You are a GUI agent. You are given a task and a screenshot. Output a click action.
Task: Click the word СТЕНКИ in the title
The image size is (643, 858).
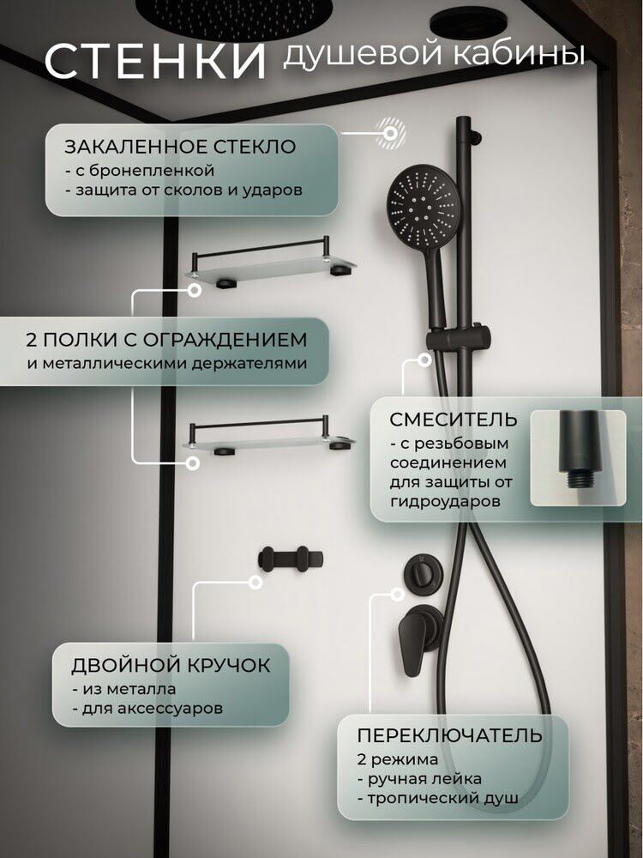tap(155, 61)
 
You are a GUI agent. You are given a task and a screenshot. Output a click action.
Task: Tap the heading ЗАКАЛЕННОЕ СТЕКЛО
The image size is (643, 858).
tap(180, 147)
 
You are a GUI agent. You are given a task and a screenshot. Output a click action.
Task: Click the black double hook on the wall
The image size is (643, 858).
tap(291, 559)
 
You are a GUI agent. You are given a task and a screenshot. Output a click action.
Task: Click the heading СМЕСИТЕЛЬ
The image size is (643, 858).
tap(454, 420)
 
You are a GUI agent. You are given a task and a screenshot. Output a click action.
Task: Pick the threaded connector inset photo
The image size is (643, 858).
tap(578, 458)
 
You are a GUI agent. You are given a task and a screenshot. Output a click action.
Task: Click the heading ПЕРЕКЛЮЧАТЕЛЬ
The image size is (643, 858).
tap(449, 735)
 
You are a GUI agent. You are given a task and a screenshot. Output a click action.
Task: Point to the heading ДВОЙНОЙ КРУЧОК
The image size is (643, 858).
tap(171, 666)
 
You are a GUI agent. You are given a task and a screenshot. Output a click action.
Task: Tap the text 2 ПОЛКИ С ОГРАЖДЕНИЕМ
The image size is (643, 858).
tap(166, 339)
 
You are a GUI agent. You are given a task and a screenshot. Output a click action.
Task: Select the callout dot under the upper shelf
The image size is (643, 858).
tap(194, 291)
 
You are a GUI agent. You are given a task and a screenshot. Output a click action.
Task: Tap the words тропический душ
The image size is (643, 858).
tap(443, 798)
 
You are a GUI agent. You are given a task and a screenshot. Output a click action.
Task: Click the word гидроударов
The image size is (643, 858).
tap(445, 501)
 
